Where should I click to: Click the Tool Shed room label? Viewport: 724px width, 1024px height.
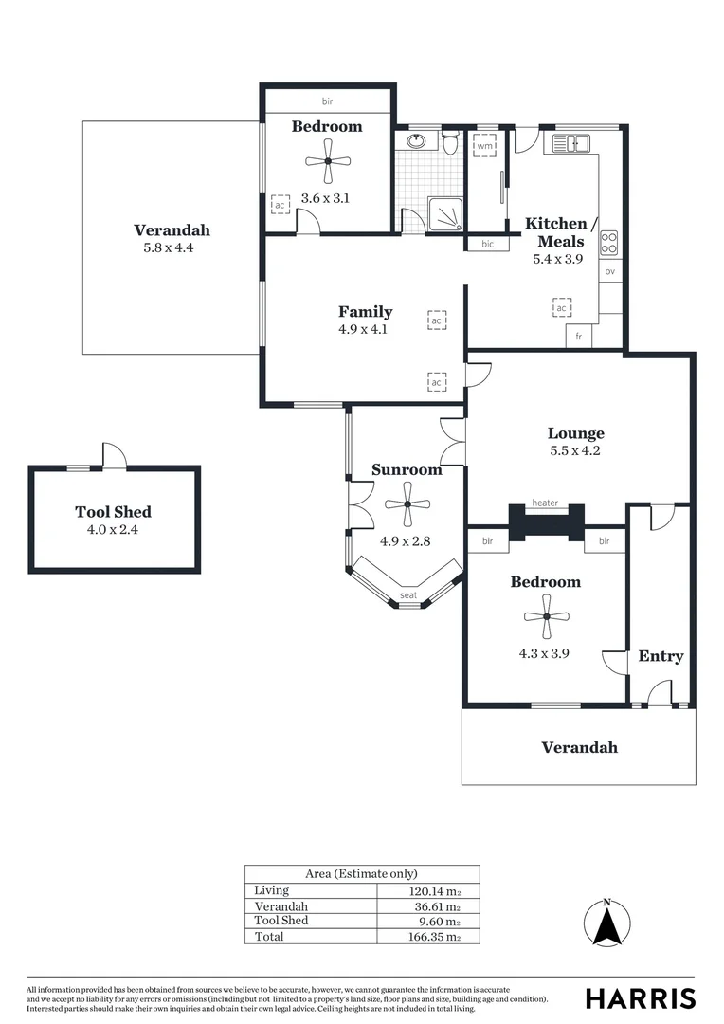(114, 512)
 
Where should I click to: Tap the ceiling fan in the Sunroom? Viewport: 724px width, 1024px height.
(407, 504)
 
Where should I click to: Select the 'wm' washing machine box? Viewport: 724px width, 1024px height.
(484, 147)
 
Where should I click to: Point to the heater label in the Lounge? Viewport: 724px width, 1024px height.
(545, 503)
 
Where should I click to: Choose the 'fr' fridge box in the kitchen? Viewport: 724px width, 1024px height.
(577, 337)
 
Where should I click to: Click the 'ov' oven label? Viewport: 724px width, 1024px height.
(610, 272)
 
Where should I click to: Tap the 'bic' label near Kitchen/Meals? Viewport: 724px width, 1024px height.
(487, 244)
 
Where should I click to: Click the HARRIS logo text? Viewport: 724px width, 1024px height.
(640, 998)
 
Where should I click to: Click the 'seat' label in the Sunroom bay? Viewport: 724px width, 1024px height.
(407, 595)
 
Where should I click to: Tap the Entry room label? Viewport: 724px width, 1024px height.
(661, 656)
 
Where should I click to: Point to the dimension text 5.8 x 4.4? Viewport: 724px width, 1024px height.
(171, 248)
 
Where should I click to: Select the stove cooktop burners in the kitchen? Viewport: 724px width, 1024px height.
(609, 243)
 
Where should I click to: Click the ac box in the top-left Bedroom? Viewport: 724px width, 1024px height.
(280, 205)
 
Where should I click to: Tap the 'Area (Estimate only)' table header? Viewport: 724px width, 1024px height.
(361, 874)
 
